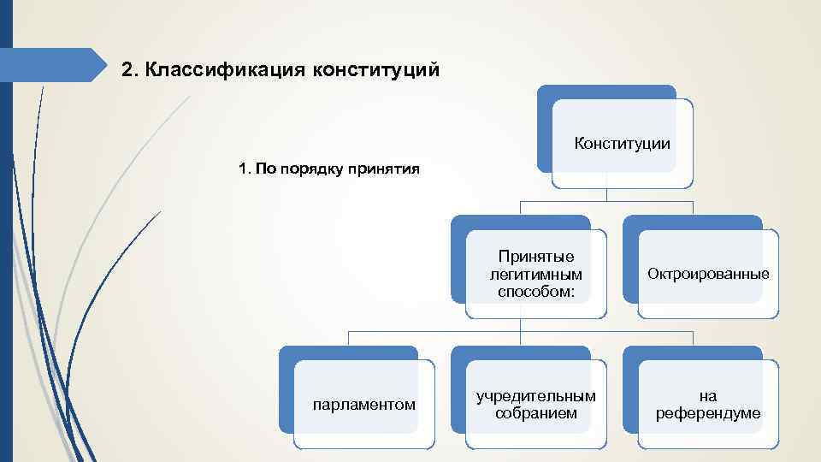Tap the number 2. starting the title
point(130,68)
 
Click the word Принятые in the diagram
point(536,257)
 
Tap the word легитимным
point(536,275)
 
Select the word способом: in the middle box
point(536,292)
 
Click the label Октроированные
point(708,275)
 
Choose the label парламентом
point(365,404)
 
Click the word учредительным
point(536,396)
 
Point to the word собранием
point(536,413)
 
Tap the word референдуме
point(708,413)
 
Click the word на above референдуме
point(708,396)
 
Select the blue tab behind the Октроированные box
point(693,222)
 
